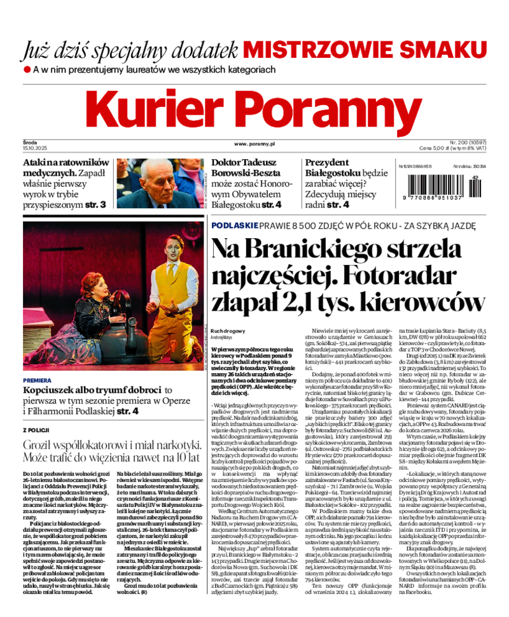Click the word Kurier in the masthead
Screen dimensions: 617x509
click(x=162, y=109)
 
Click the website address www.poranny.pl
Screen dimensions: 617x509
click(x=254, y=145)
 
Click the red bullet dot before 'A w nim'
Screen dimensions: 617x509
click(x=27, y=69)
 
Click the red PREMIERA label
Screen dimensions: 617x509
click(x=36, y=380)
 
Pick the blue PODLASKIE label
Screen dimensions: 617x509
click(x=234, y=225)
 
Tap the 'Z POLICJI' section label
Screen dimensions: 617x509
click(x=37, y=430)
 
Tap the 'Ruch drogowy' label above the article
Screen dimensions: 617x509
click(x=228, y=332)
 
